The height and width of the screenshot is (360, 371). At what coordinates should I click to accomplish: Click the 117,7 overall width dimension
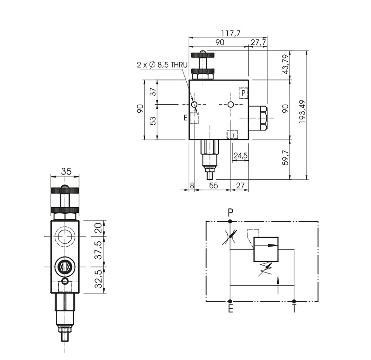coord(230,34)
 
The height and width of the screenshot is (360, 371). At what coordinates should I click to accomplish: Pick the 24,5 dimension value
coord(240,156)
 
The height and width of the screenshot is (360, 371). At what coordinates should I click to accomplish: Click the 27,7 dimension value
coord(258,42)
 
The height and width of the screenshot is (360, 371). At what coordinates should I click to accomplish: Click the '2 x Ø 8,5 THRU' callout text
coord(162,65)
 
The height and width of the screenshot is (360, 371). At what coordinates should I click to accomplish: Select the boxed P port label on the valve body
coord(244,93)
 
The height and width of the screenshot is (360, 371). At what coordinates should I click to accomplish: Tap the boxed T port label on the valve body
coord(233,135)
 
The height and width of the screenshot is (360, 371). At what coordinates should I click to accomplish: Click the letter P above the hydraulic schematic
coord(230,212)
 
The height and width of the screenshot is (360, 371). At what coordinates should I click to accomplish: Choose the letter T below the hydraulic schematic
coord(294,309)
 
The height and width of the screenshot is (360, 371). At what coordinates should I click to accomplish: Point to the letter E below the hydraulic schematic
coord(230,309)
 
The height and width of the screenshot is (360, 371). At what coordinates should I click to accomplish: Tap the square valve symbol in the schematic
coord(266,249)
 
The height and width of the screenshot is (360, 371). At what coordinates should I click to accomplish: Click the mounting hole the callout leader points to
coord(194,104)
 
